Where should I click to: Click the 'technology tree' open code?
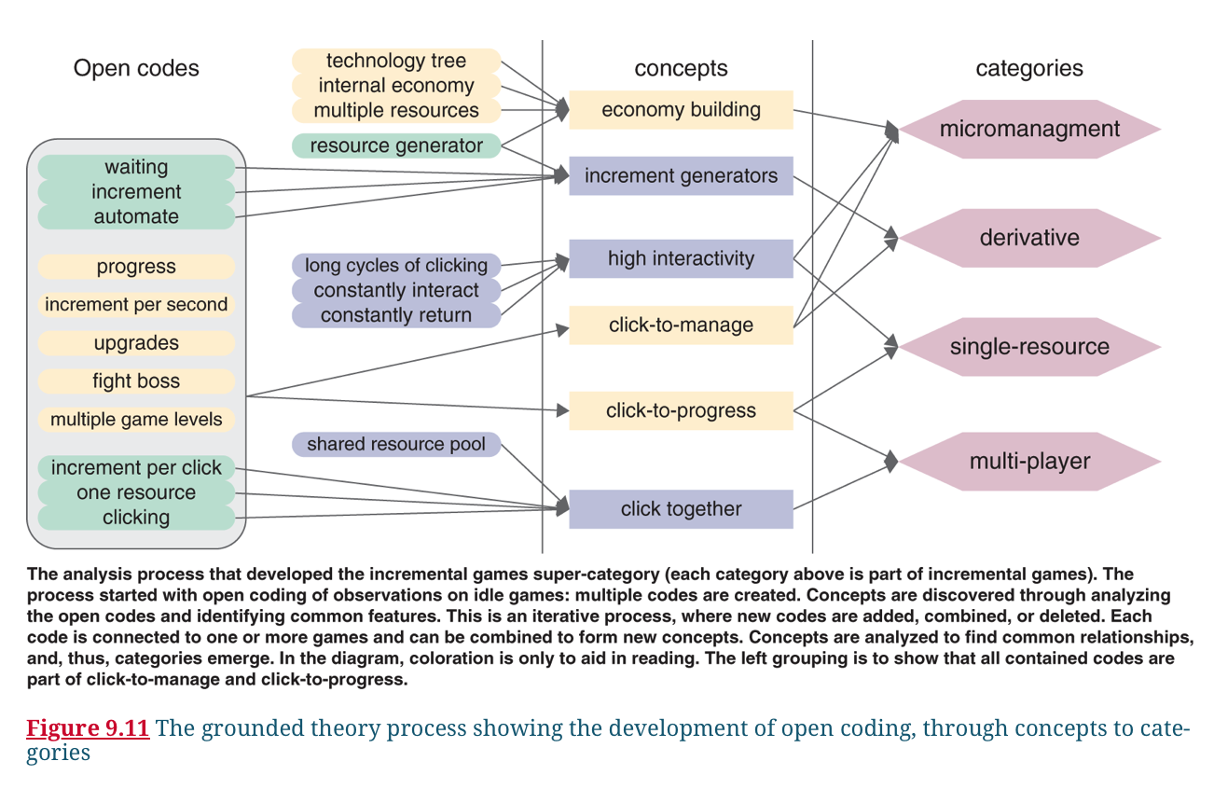click(x=396, y=62)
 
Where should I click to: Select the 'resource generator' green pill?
click(x=396, y=145)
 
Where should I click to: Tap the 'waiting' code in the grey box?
click(x=136, y=168)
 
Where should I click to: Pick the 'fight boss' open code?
click(x=136, y=381)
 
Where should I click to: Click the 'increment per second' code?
click(x=136, y=305)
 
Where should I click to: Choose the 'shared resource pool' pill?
click(x=396, y=444)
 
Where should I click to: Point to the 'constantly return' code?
click(x=396, y=315)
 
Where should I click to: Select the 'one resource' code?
click(x=136, y=492)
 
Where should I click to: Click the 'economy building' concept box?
click(x=681, y=110)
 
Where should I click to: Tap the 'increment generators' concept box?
click(x=681, y=176)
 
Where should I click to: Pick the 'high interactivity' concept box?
click(x=681, y=258)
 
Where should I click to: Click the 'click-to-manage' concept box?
click(x=681, y=325)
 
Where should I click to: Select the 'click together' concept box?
click(x=681, y=509)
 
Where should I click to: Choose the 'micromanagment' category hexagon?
click(x=1029, y=129)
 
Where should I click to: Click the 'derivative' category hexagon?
click(x=1029, y=238)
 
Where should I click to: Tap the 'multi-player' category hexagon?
click(x=1029, y=461)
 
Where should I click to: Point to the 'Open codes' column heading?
click(x=136, y=68)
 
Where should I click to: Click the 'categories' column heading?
click(x=1029, y=68)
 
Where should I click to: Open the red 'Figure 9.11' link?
click(x=88, y=728)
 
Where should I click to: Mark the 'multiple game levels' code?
click(x=136, y=420)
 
